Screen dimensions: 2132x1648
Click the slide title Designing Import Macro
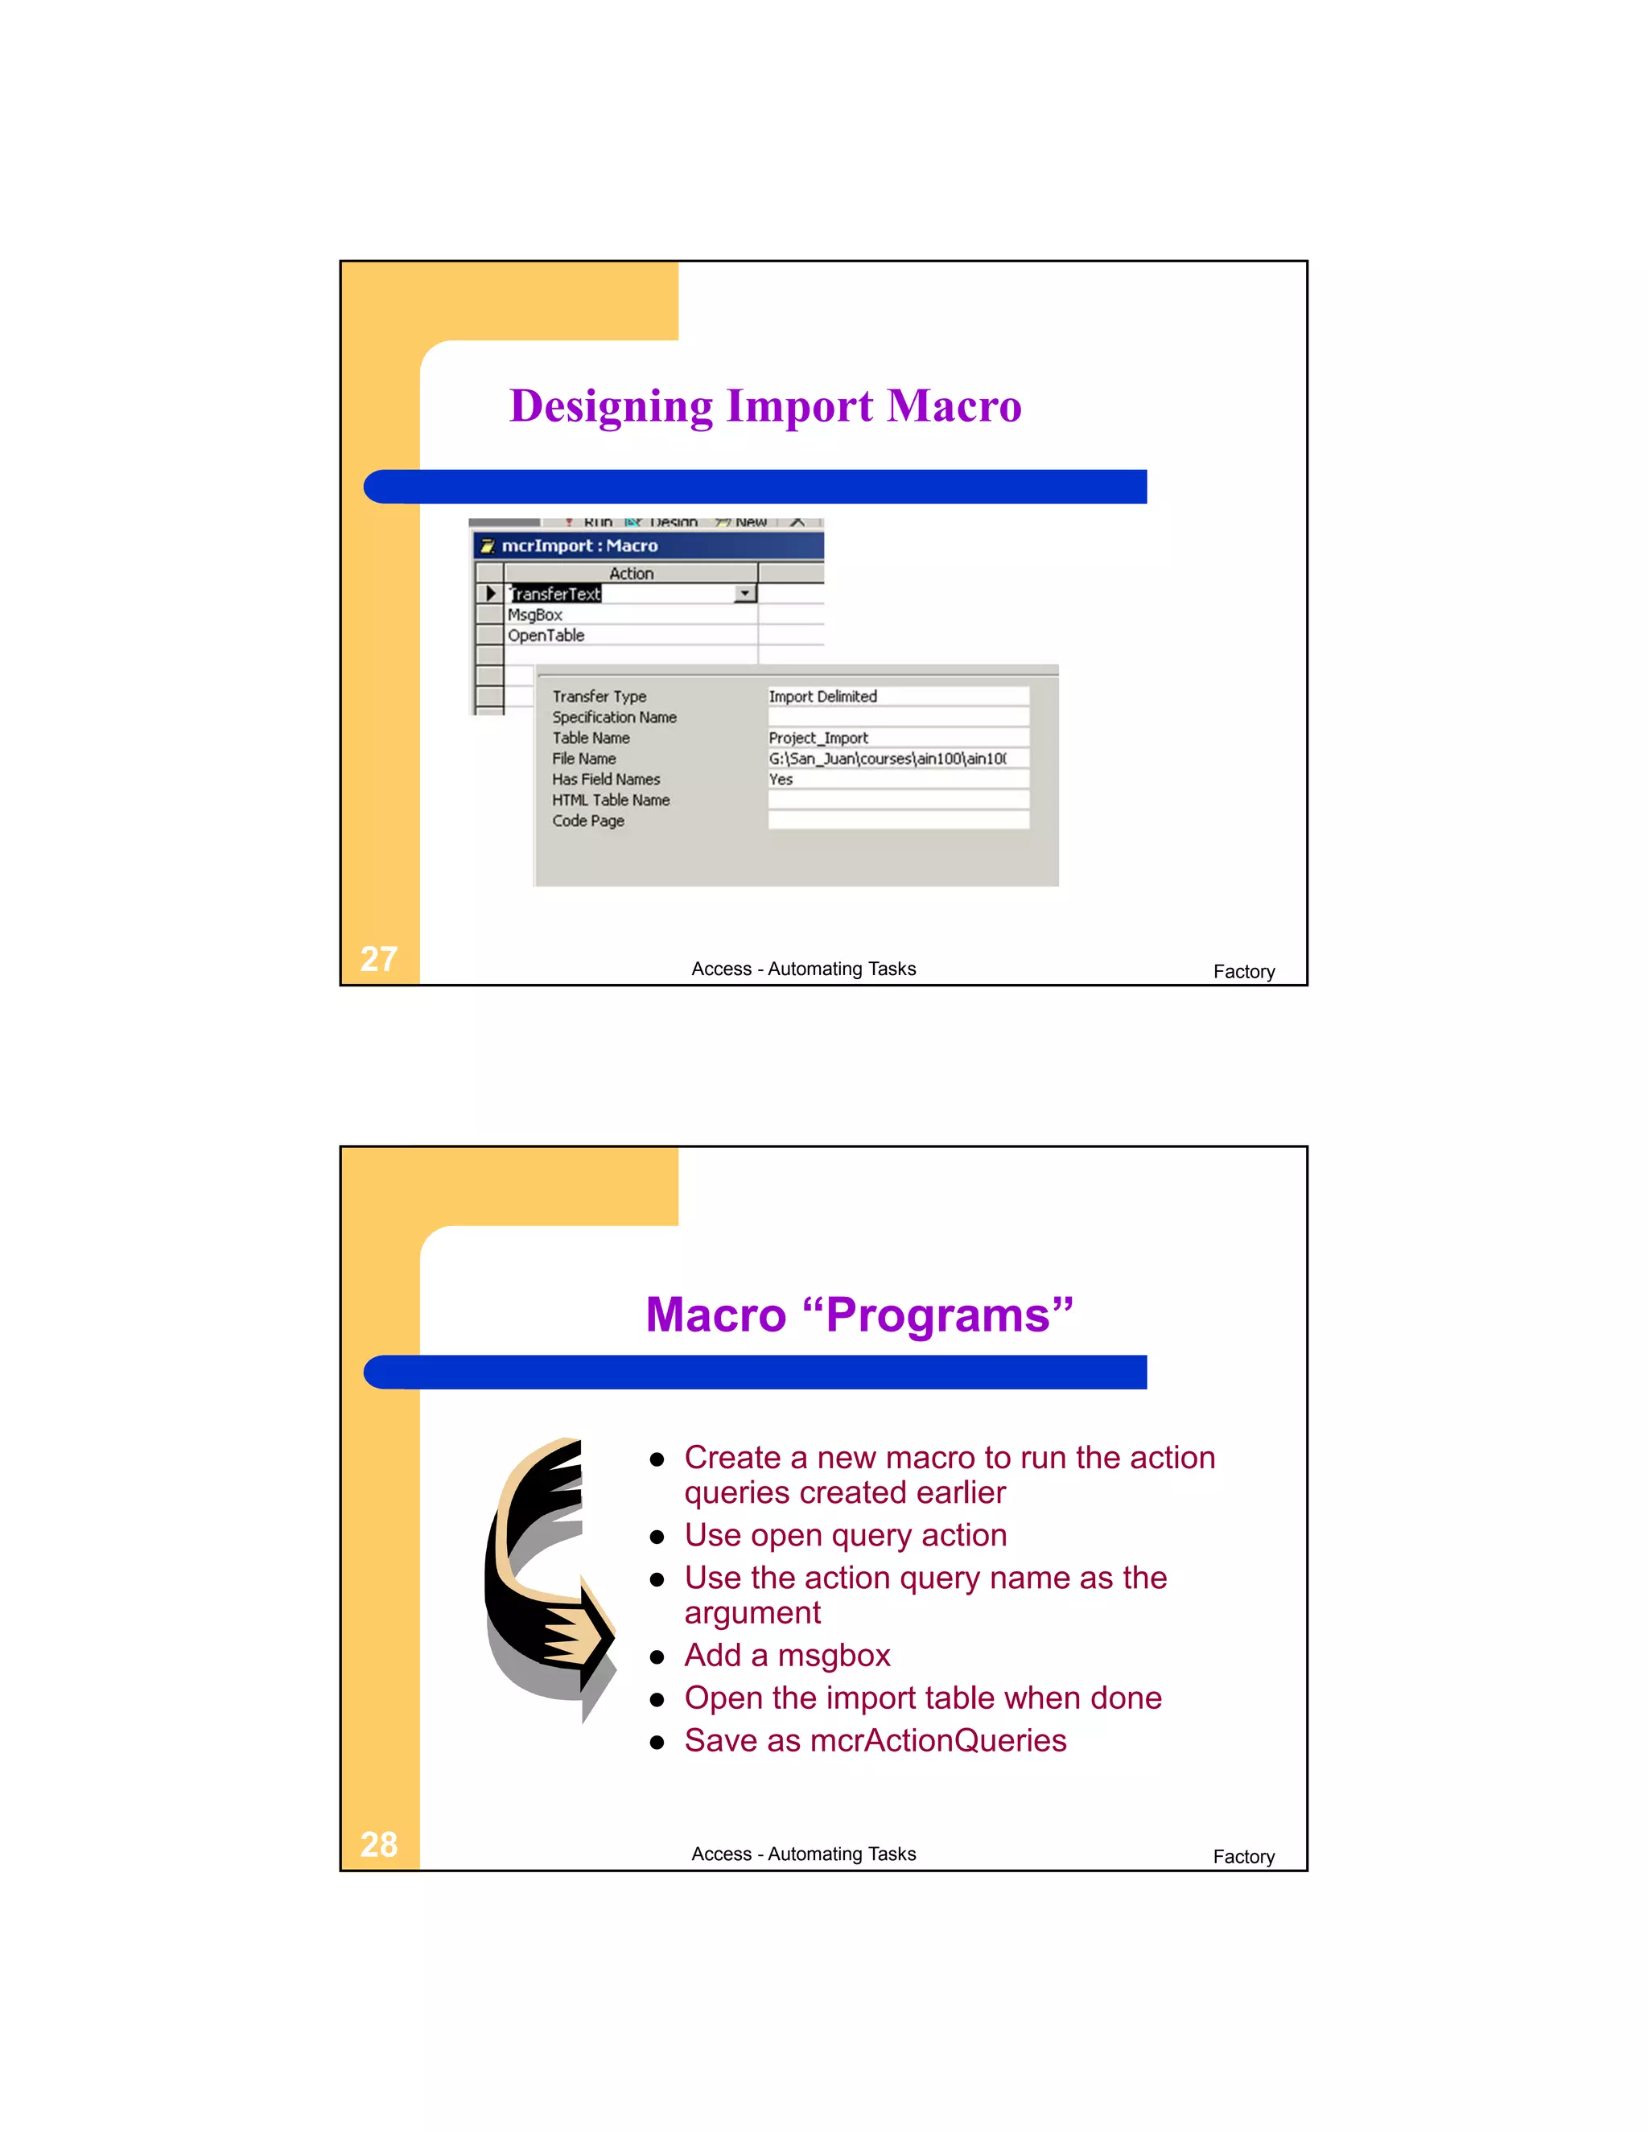(x=765, y=406)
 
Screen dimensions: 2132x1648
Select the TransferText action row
(x=554, y=594)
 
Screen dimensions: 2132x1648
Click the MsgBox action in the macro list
(x=535, y=615)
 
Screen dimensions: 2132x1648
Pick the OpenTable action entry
(x=546, y=636)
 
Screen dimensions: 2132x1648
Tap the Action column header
(x=631, y=573)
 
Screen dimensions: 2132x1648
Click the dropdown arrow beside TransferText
(x=746, y=594)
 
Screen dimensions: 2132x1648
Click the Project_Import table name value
(x=818, y=738)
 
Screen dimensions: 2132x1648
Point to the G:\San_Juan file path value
(x=887, y=759)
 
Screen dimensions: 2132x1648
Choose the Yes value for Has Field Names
(x=781, y=779)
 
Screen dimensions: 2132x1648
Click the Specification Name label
(x=614, y=717)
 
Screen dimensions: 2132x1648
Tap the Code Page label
(x=587, y=821)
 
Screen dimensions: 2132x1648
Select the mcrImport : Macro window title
(x=580, y=545)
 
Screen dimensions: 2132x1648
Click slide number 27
(x=379, y=959)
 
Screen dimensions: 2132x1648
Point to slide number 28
(x=379, y=1844)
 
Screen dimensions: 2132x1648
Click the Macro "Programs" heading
(x=859, y=1314)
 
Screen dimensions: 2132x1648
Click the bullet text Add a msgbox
(x=787, y=1656)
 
